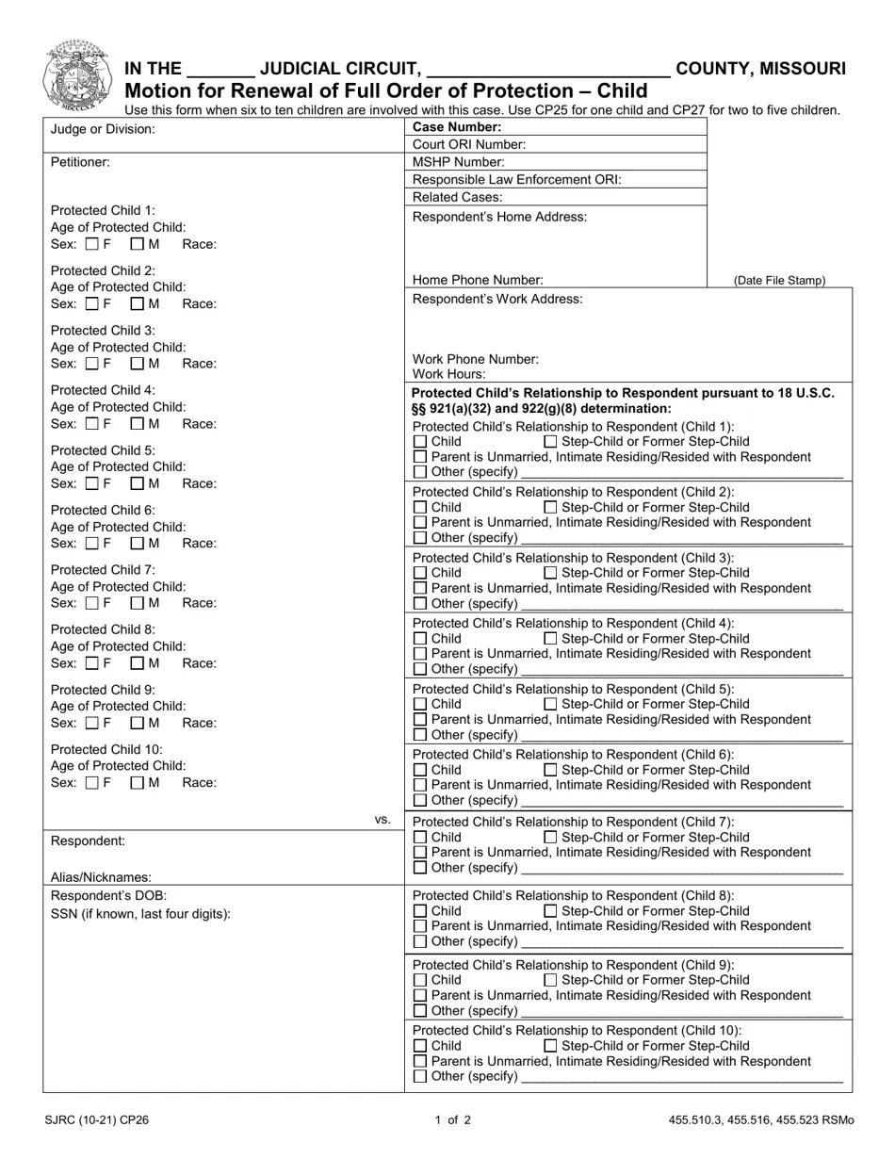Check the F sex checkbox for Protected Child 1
point(91,245)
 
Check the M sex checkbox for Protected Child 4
point(137,424)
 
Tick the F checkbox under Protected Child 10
point(91,783)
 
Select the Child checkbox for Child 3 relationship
point(420,573)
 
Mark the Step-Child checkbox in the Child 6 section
point(551,771)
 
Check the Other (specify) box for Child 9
point(420,1011)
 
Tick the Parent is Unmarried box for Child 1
point(420,457)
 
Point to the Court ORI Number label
point(469,145)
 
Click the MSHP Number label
point(459,162)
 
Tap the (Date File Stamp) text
point(779,281)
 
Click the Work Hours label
point(449,375)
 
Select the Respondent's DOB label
point(108,896)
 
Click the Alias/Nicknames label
point(101,877)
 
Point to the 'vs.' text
point(382,820)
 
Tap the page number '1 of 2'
point(452,1121)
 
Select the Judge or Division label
point(102,129)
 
